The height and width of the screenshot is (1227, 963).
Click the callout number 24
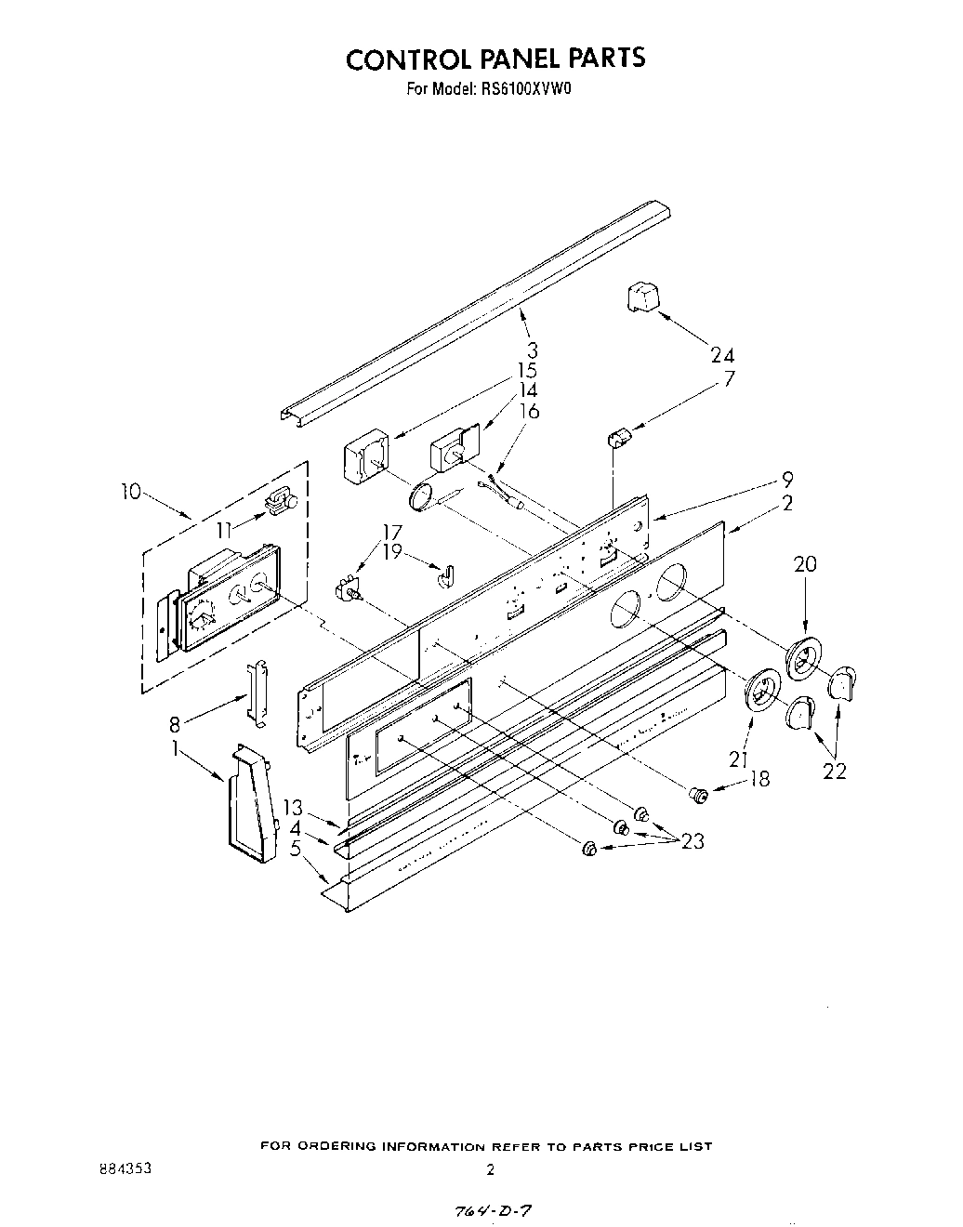pos(722,355)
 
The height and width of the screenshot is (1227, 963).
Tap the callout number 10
pos(130,492)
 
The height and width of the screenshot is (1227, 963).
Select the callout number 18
pos(759,779)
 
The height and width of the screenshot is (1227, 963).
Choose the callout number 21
pos(739,759)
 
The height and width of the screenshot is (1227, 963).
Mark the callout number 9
pos(786,481)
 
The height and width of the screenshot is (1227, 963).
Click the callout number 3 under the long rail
pos(533,351)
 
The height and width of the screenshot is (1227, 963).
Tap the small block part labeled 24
pos(641,299)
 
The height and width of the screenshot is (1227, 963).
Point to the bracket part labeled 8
pos(257,693)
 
